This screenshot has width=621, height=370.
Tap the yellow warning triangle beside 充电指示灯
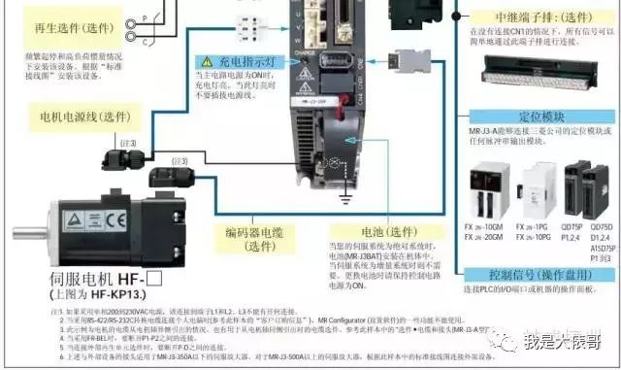(206, 61)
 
